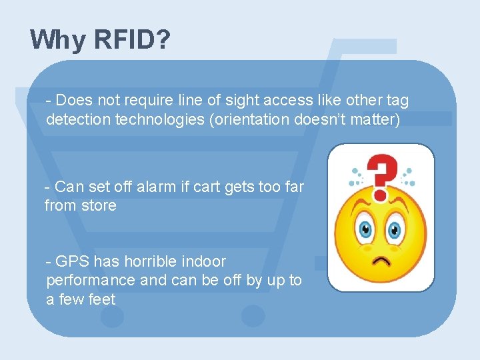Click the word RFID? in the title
point(132,40)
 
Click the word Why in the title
point(57,40)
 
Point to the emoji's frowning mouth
point(381,260)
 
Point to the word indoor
point(203,261)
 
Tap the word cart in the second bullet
point(206,187)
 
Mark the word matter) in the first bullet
point(377,120)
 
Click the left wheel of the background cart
point(112,316)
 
